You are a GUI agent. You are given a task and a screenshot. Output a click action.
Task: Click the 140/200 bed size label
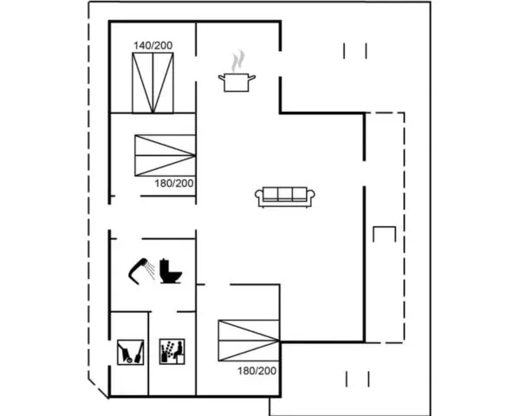[153, 45]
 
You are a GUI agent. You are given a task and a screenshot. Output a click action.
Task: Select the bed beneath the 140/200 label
[153, 83]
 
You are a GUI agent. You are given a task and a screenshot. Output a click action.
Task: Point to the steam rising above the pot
[237, 61]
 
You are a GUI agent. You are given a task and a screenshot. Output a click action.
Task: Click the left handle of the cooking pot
[222, 78]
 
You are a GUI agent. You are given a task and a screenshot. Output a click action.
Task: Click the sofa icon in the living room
[285, 197]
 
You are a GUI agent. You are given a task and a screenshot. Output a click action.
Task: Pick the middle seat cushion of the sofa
[285, 193]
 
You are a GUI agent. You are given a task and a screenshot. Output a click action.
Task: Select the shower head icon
[139, 270]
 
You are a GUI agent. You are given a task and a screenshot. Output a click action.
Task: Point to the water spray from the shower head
[151, 270]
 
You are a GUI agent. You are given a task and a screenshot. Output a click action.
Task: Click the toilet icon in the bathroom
[171, 271]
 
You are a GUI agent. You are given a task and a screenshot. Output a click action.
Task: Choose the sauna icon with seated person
[172, 351]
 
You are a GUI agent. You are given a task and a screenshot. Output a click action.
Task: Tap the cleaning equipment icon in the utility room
[130, 352]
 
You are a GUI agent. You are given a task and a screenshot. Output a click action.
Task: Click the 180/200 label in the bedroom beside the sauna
[257, 371]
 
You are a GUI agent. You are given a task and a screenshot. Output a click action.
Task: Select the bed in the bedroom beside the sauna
[249, 341]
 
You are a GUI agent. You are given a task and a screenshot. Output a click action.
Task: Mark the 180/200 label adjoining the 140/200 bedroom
[174, 184]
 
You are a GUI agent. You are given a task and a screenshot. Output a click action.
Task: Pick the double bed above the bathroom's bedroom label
[166, 155]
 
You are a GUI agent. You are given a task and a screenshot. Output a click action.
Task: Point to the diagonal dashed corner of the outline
[98, 387]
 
